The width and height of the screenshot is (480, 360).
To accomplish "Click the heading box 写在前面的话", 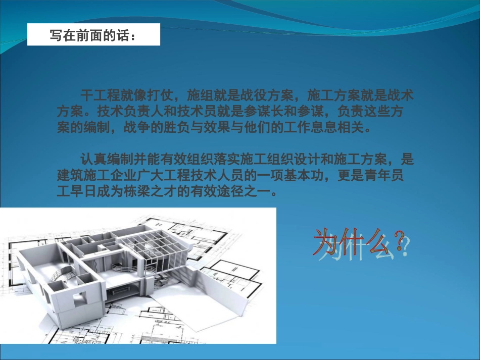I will (x=93, y=35).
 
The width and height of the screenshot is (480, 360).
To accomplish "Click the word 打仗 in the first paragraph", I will (x=163, y=94).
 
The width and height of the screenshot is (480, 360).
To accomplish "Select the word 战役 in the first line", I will (x=257, y=94).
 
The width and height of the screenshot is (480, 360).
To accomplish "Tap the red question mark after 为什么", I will (x=400, y=242).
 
